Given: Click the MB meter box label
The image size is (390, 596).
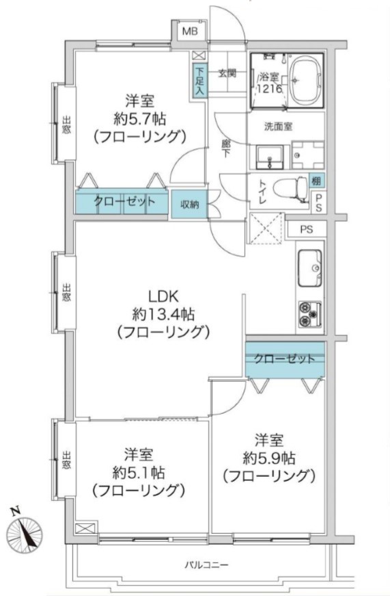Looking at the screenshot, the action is pyautogui.click(x=190, y=31).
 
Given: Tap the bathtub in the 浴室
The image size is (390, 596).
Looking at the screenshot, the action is pyautogui.click(x=307, y=81).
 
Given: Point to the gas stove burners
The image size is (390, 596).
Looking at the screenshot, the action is pyautogui.click(x=310, y=314).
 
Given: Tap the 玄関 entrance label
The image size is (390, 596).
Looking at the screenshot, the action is pyautogui.click(x=227, y=73).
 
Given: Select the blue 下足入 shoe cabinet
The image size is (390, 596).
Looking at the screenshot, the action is pyautogui.click(x=200, y=81).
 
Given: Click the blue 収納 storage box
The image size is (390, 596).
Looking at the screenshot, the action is pyautogui.click(x=189, y=205).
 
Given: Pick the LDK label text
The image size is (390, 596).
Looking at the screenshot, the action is pyautogui.click(x=163, y=296).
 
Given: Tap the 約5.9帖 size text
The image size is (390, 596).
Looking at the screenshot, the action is pyautogui.click(x=269, y=458).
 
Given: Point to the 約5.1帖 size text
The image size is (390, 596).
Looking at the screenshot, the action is pyautogui.click(x=139, y=473).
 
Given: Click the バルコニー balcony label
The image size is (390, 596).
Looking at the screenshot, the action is pyautogui.click(x=207, y=565).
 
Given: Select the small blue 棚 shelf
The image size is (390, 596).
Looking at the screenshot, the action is pyautogui.click(x=316, y=181).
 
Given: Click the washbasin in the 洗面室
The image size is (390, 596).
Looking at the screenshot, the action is pyautogui.click(x=270, y=157).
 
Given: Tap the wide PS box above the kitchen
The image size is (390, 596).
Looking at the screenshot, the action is pyautogui.click(x=307, y=230).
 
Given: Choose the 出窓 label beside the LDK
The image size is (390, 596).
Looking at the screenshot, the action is pyautogui.click(x=66, y=293).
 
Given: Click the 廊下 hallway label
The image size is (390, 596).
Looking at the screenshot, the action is pyautogui.click(x=226, y=148).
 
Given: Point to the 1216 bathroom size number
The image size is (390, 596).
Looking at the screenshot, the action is pyautogui.click(x=269, y=89).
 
